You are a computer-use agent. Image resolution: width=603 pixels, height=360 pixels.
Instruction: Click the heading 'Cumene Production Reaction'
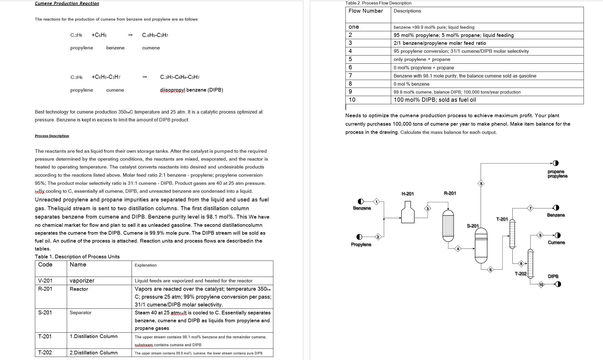coord(67,3)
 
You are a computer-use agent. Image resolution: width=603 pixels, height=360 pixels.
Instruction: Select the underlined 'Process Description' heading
coord(52,136)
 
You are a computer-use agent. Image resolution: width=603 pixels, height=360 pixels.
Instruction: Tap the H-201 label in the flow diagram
coord(407,194)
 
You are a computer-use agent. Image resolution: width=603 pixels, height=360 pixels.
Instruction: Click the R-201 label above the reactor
coord(450,193)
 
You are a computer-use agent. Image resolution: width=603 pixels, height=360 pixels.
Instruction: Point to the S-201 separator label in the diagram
coord(473,226)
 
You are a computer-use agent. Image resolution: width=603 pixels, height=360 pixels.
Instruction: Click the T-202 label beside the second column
coord(520,274)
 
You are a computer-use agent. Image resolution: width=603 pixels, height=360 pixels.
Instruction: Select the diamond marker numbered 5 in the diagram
coord(481,184)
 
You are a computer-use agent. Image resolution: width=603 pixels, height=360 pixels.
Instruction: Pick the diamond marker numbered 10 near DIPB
coord(541,285)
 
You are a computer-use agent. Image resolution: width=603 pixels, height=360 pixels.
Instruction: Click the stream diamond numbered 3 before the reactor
coord(427,209)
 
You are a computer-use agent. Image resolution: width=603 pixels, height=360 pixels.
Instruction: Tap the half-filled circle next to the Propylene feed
coord(359,237)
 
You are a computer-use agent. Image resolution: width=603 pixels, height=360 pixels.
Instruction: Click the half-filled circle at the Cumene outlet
coord(558,235)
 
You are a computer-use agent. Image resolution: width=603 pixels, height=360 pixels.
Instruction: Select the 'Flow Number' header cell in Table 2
coord(365,11)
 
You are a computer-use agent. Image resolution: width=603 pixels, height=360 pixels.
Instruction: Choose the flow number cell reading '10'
coord(352,100)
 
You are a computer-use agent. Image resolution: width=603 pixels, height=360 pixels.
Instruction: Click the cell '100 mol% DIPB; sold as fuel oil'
coord(434,100)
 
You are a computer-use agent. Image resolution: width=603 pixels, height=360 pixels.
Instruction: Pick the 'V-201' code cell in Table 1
coord(45,281)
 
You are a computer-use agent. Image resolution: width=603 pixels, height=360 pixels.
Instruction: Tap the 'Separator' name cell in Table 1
coord(81,312)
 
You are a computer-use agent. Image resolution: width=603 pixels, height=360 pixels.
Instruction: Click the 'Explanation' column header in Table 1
coord(145,265)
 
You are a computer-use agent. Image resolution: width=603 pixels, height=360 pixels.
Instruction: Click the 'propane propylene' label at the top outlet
coord(557,174)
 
